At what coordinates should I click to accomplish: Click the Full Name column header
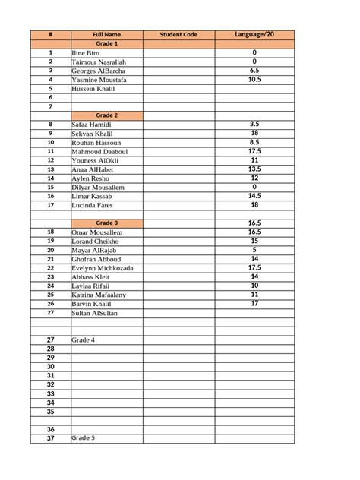click(106, 35)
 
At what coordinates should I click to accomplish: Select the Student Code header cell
click(178, 35)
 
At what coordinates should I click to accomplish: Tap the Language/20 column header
click(254, 35)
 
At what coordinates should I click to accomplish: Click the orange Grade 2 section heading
click(106, 115)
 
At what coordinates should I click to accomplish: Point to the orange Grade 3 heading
click(106, 222)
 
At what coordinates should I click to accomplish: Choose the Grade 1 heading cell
click(106, 44)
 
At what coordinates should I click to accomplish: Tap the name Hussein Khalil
click(93, 89)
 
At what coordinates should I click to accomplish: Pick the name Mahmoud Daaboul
click(99, 151)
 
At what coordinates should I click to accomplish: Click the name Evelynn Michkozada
click(103, 268)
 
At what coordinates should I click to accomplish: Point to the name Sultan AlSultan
click(95, 313)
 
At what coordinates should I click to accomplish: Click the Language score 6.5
click(254, 70)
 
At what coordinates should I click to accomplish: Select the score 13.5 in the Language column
click(254, 169)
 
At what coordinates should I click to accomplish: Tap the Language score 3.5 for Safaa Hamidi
click(254, 123)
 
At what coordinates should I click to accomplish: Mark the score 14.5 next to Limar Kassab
click(254, 195)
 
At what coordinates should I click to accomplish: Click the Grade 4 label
click(83, 339)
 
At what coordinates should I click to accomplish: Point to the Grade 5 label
click(83, 438)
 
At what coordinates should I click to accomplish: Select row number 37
click(50, 438)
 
